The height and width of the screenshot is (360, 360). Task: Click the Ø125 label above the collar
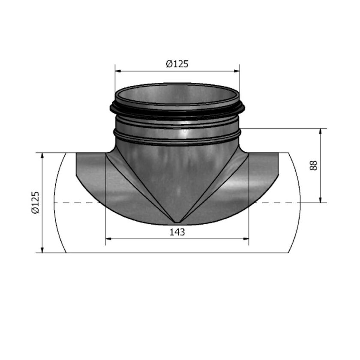coord(177,64)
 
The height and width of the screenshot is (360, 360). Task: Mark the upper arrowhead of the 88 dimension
coord(321,131)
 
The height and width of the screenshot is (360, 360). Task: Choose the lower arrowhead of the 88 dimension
coord(321,199)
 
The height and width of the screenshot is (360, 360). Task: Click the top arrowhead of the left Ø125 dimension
coord(42,156)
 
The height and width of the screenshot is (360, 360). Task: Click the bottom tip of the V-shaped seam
coord(177,222)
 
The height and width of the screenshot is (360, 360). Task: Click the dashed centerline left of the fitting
coord(77,202)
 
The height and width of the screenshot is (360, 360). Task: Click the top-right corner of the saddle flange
coord(278,153)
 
